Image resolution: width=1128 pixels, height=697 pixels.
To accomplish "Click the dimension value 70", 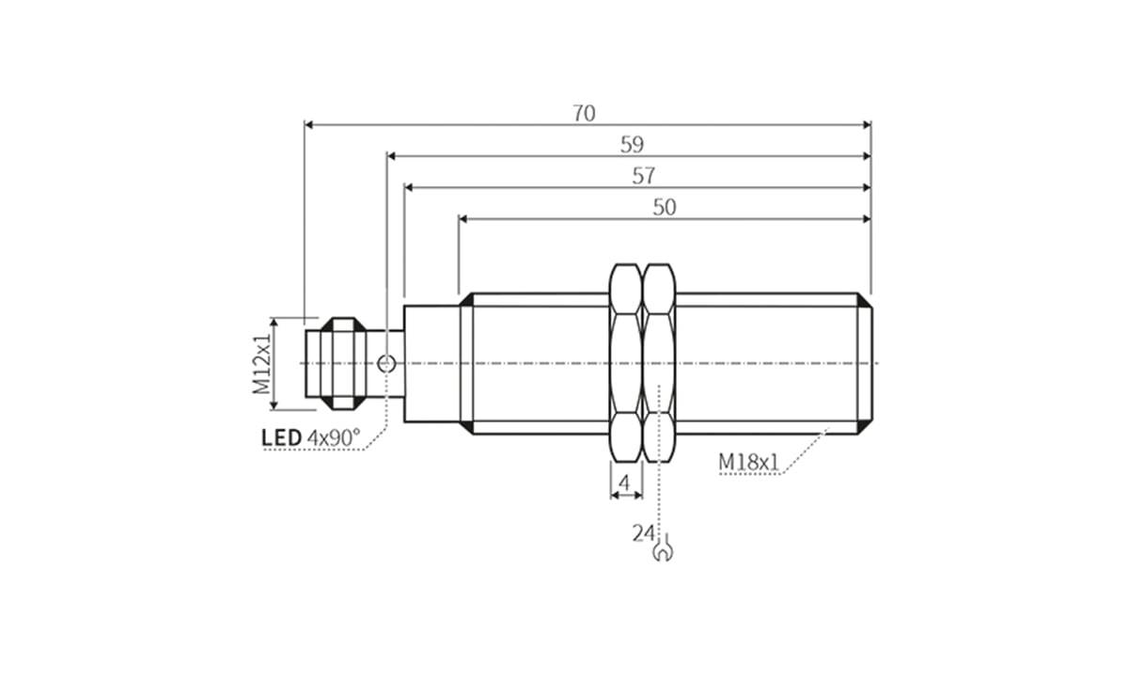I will (x=584, y=113).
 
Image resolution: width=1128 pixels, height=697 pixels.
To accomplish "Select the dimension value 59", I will (x=632, y=145).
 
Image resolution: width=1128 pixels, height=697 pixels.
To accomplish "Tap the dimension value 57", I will (x=644, y=176).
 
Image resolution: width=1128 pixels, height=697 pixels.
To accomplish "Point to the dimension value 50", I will (x=664, y=208).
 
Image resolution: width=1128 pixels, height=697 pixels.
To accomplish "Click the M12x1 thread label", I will (x=262, y=363).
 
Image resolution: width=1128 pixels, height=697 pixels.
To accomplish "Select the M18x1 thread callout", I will (x=749, y=462).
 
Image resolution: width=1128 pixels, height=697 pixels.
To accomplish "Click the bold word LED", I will (x=281, y=437).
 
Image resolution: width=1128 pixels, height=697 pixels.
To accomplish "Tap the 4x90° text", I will (x=333, y=437).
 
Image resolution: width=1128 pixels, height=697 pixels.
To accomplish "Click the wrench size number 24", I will (x=643, y=533).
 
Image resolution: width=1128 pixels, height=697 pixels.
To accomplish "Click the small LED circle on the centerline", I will (x=384, y=363).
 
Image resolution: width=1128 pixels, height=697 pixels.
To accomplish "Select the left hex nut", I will (x=626, y=363).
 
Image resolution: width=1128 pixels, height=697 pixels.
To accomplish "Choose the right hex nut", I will (x=659, y=363).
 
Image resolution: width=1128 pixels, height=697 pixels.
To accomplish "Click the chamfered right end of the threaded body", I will (x=865, y=363).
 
